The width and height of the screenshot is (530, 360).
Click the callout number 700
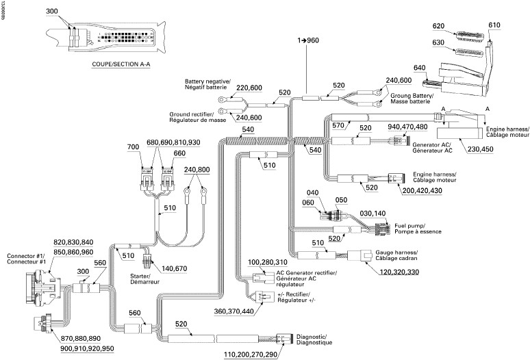click(x=134, y=148)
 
